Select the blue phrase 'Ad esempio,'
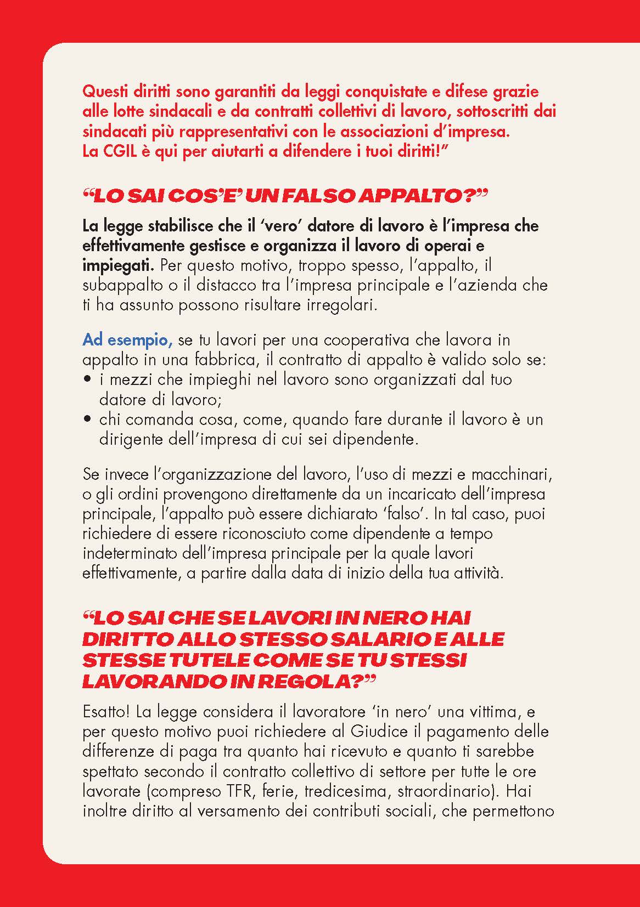click(x=128, y=340)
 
